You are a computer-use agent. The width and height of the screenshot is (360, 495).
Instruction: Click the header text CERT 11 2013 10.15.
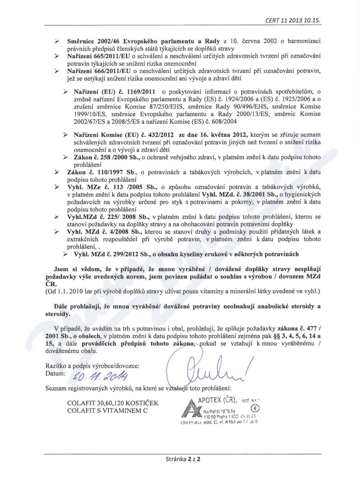point(301,21)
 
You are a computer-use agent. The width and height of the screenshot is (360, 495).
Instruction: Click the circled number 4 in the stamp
point(253,408)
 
